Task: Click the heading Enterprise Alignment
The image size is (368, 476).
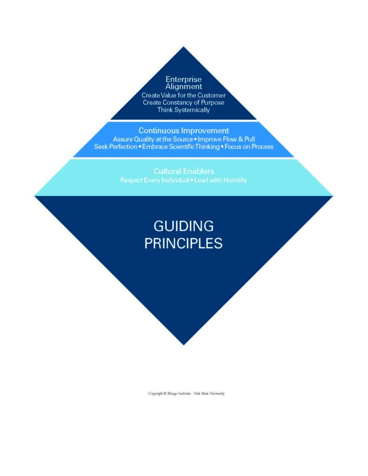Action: [x=184, y=83]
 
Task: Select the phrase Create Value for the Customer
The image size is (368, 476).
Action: [x=184, y=95]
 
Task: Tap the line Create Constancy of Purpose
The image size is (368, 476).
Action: [x=184, y=102]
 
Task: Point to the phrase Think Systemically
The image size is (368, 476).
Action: [x=184, y=110]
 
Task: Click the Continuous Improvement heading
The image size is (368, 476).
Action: [x=184, y=131]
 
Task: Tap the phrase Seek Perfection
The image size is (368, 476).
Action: [x=115, y=146]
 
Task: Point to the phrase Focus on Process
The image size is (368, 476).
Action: [x=249, y=146]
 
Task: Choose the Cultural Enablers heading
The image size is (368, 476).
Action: [x=184, y=171]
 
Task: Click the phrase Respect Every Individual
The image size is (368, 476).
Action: [x=154, y=179]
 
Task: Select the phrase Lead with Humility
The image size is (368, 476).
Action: [x=220, y=179]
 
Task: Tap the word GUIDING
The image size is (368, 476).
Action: [x=184, y=226]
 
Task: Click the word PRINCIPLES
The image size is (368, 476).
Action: [x=184, y=243]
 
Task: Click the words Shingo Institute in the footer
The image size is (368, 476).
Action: [x=179, y=393]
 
